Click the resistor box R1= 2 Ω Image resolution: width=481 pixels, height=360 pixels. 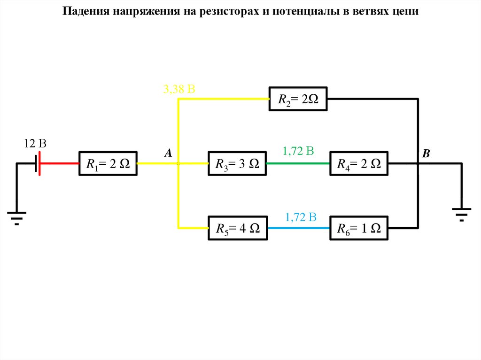pos(108,163)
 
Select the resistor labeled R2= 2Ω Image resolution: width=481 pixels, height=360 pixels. pos(298,99)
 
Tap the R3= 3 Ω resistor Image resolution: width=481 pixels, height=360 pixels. pos(237,163)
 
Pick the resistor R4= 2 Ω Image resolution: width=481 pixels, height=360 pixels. pos(359,163)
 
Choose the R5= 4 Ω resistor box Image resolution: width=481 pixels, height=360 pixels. pos(237,228)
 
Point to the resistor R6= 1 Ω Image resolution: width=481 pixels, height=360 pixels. pos(359,228)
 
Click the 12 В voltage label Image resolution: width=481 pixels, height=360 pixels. pos(35,144)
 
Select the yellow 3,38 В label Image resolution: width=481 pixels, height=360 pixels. pos(179,89)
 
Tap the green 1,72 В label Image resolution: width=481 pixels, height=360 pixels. pos(298,151)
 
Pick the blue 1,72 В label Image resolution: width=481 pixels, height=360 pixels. pos(301,217)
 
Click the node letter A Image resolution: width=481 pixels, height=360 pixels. pos(168,153)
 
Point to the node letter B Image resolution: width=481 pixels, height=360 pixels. pos(426,153)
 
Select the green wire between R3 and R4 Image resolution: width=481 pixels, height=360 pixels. pos(298,163)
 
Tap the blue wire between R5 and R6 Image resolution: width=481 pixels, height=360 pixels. pos(298,228)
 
